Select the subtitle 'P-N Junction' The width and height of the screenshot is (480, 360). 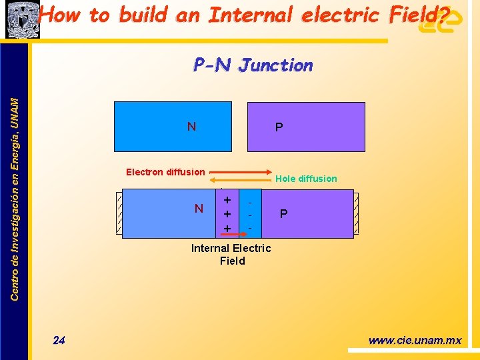pyautogui.click(x=253, y=65)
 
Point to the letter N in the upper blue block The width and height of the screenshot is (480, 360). pyautogui.click(x=191, y=127)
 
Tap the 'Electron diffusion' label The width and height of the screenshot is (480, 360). pyautogui.click(x=165, y=172)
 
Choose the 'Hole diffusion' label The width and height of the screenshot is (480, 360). pyautogui.click(x=306, y=179)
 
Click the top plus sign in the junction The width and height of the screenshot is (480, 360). pyautogui.click(x=227, y=200)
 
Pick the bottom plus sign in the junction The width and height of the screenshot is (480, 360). pyautogui.click(x=227, y=229)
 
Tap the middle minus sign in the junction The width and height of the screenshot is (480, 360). pyautogui.click(x=250, y=215)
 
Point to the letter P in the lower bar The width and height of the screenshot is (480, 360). pyautogui.click(x=284, y=214)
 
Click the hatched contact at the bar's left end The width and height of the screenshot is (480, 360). pyautogui.click(x=119, y=213)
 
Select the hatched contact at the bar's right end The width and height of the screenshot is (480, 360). pyautogui.click(x=357, y=213)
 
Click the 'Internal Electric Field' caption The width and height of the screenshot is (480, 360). pyautogui.click(x=231, y=254)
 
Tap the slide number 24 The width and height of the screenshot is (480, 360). pyautogui.click(x=59, y=341)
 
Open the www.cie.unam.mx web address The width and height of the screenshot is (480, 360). pyautogui.click(x=415, y=341)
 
